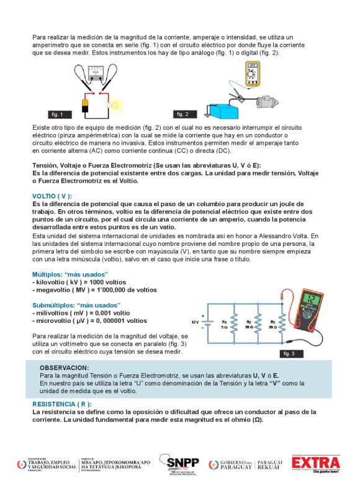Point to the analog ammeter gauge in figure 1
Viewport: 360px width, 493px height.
95,73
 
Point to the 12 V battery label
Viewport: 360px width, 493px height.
195,322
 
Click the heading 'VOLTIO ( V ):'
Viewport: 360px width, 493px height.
52,196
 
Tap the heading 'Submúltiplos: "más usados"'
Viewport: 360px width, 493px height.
76,305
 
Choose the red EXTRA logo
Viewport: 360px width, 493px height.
317,463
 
